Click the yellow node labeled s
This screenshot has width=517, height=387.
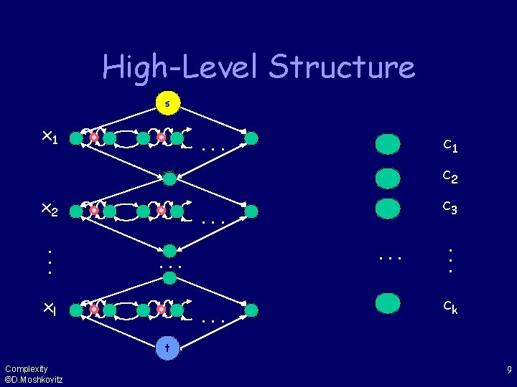tap(168, 104)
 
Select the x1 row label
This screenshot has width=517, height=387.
tap(50, 137)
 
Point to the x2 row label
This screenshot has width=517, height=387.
tap(50, 209)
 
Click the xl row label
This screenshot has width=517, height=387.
tap(49, 310)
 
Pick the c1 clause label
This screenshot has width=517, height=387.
tap(451, 146)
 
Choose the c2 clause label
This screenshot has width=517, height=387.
tap(451, 176)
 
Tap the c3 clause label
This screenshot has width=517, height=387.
tap(451, 208)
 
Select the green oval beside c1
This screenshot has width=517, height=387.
tap(388, 144)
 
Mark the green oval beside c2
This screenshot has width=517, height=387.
tap(388, 177)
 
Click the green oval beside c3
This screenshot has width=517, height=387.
tap(388, 208)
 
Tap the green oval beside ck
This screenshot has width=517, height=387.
tap(388, 302)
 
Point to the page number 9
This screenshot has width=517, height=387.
tap(508, 371)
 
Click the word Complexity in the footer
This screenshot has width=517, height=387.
tap(26, 368)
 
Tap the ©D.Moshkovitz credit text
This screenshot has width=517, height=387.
tap(34, 379)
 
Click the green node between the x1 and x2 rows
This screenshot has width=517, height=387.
tap(169, 178)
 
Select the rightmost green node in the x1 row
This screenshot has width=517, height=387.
tap(251, 138)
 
